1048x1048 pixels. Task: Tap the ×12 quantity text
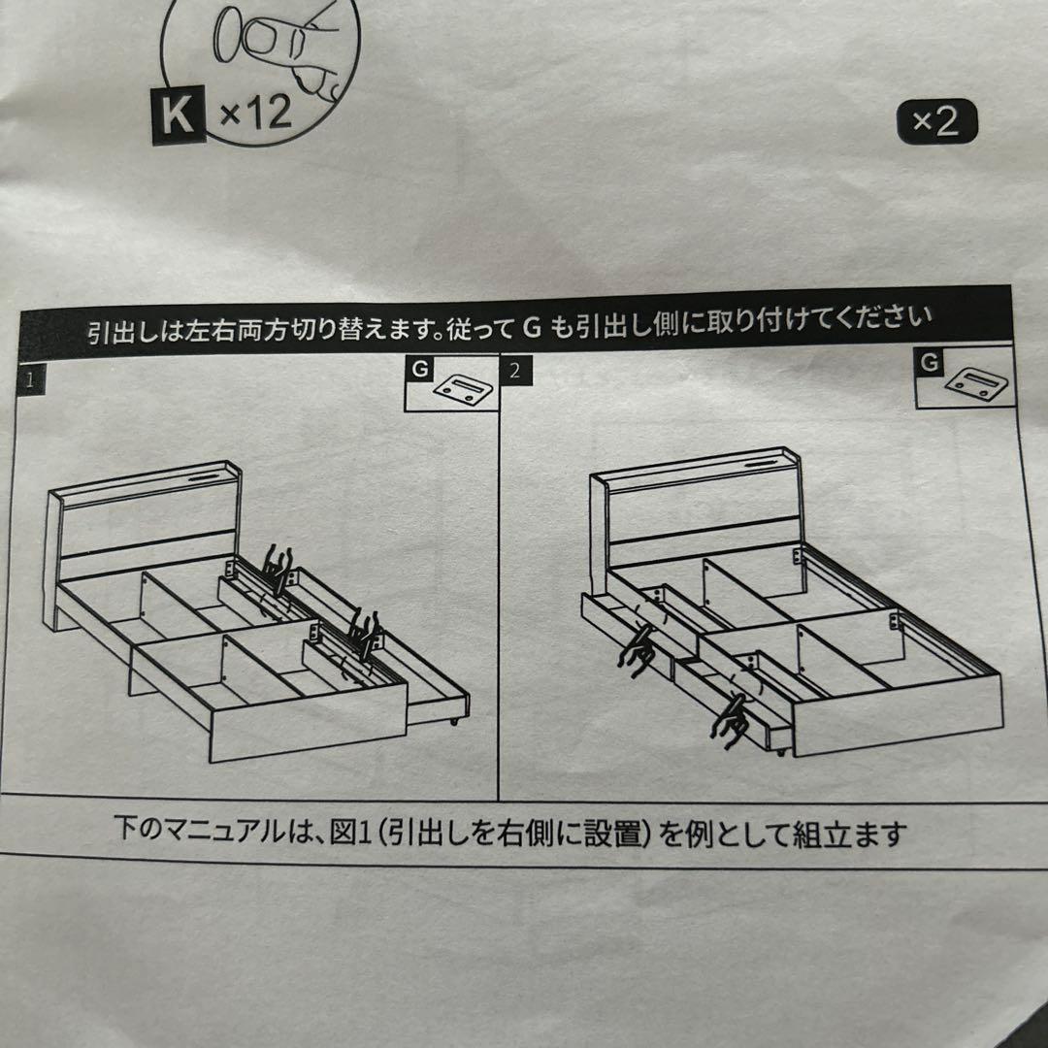tap(255, 115)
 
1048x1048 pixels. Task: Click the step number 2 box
tap(514, 371)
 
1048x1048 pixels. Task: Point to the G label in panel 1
tap(419, 369)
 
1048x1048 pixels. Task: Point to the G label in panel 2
tap(930, 362)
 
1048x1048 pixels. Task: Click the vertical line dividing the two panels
tap(498, 582)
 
